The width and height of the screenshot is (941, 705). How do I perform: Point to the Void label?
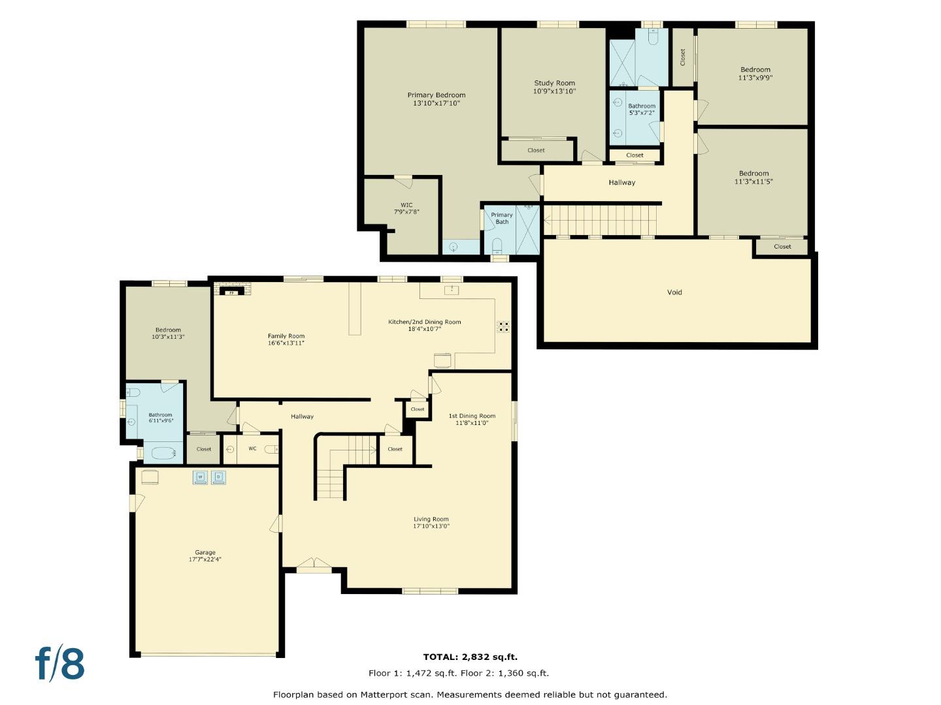click(x=674, y=292)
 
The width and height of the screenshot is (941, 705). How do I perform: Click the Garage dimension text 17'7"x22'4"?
click(x=205, y=559)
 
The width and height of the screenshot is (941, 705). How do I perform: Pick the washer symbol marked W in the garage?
click(x=200, y=478)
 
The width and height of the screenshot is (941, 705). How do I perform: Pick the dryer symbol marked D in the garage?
click(x=218, y=478)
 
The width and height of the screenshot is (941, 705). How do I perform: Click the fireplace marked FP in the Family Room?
click(x=231, y=292)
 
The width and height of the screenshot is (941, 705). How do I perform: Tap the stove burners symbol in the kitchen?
click(x=503, y=326)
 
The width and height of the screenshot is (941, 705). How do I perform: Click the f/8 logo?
click(x=60, y=664)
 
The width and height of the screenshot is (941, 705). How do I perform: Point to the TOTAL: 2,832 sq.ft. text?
click(x=470, y=657)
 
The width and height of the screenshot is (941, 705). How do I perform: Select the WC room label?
click(x=252, y=449)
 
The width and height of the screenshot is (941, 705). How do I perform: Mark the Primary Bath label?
click(x=502, y=218)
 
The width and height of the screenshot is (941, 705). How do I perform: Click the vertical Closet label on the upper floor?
click(x=683, y=57)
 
